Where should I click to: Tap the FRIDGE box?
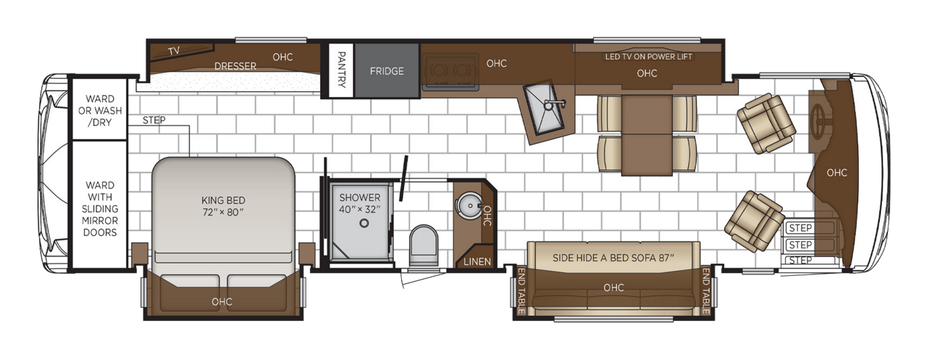386,71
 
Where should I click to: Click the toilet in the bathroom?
423,246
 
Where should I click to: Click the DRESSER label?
235,66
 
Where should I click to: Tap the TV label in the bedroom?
174,51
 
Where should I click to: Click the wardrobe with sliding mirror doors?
99,209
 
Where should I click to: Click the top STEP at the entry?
800,227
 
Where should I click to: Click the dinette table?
647,134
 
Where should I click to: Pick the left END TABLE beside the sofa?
521,291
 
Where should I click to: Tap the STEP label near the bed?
154,120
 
